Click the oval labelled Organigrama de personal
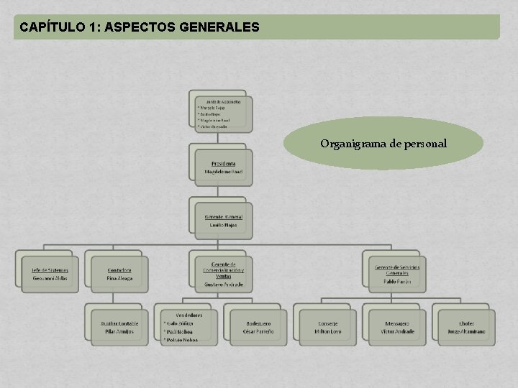(383, 144)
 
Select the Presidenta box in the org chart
(223, 167)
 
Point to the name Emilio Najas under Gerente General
(223, 225)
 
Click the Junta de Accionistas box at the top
(223, 113)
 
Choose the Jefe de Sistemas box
(50, 274)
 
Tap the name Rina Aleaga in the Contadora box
(119, 278)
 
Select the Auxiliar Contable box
(119, 328)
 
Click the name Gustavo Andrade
(223, 285)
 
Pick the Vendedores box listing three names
(188, 327)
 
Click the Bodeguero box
(258, 328)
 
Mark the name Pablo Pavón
(397, 282)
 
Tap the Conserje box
(327, 328)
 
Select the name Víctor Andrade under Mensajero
(397, 332)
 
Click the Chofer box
(466, 328)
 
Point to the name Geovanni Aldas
(50, 278)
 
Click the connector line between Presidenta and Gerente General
(221, 192)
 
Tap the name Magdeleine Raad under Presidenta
(223, 172)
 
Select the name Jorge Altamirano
(466, 332)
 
